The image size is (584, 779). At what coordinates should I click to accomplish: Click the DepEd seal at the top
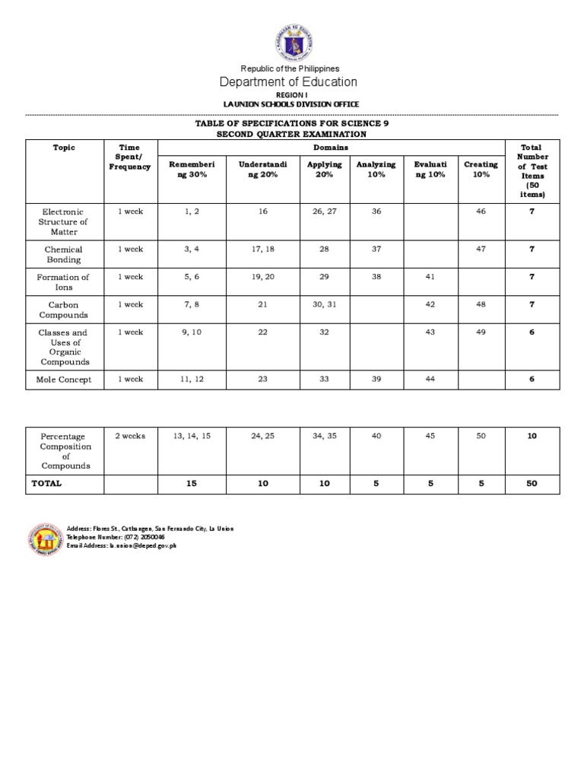[292, 40]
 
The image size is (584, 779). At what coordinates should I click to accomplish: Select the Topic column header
[64, 147]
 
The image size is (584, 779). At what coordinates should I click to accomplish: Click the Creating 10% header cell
[481, 169]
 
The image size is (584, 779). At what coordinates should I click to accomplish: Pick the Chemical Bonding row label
[64, 254]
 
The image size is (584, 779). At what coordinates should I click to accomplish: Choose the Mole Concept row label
[64, 379]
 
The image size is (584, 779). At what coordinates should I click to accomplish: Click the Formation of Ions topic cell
[64, 282]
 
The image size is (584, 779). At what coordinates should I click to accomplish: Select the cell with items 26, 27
[324, 211]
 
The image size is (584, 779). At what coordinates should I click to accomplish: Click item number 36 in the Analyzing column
[376, 211]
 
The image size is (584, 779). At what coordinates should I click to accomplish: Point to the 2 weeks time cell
[130, 436]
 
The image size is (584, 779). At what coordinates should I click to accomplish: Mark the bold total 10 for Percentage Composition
[532, 436]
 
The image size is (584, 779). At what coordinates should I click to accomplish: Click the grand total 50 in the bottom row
[532, 483]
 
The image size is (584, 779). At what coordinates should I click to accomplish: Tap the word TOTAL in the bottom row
[47, 483]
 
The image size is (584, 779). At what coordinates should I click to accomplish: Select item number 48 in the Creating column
[481, 304]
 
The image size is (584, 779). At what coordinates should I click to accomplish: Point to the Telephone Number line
[116, 537]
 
